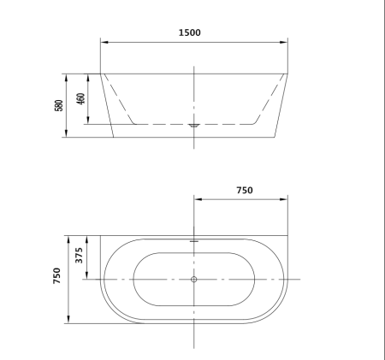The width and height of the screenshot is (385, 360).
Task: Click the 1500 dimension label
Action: tap(190, 32)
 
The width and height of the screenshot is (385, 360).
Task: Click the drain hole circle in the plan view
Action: tap(194, 280)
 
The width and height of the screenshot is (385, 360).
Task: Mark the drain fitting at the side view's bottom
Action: tap(194, 126)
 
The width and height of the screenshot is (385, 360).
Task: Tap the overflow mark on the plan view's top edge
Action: tap(194, 241)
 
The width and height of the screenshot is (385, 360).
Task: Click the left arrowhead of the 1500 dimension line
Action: tap(104, 42)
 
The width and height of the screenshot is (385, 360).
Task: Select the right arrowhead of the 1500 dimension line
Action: tap(285, 42)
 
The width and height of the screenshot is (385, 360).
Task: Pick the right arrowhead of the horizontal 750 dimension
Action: tap(285, 199)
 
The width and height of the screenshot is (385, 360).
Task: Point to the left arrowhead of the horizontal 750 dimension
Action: tap(197, 199)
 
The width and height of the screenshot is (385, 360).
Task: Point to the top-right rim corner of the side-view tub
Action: tap(287, 74)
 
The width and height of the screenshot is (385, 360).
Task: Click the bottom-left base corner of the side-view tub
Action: tap(114, 136)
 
